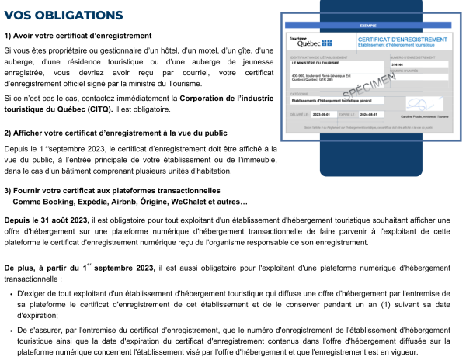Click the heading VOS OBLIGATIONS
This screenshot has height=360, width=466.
click(x=63, y=15)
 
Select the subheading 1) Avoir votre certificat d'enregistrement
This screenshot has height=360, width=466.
click(x=78, y=36)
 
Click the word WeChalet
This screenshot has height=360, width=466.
click(x=213, y=202)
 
